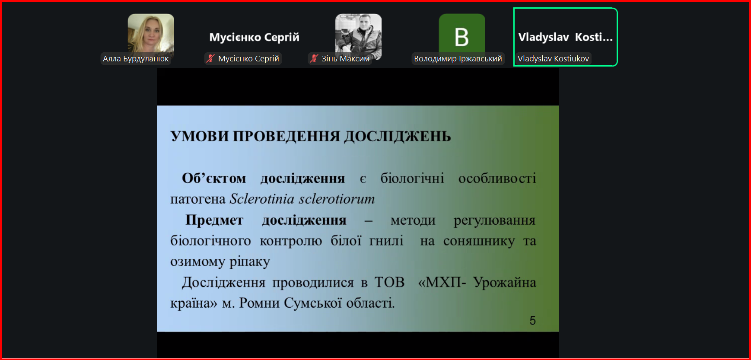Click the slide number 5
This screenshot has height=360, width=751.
[x=532, y=321]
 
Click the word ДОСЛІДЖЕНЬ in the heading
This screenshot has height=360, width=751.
[x=398, y=137]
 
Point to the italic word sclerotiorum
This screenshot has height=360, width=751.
[x=337, y=199]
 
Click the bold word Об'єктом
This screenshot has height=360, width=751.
[x=214, y=178]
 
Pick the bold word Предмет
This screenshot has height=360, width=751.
[x=214, y=220]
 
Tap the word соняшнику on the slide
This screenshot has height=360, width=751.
[x=479, y=241]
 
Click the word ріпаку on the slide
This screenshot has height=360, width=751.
[x=250, y=262]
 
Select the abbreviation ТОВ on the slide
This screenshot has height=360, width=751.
[x=389, y=282]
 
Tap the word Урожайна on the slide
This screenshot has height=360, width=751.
[x=505, y=282]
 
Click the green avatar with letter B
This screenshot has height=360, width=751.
[x=462, y=37]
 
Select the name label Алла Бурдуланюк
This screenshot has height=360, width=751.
[x=136, y=59]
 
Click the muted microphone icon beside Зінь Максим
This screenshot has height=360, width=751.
[x=314, y=58]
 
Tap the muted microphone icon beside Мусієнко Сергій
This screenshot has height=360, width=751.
[x=210, y=58]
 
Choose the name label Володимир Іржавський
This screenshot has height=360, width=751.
[x=458, y=59]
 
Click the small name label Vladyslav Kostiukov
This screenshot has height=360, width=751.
[x=553, y=59]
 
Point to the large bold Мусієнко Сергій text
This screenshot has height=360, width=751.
[x=254, y=38]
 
